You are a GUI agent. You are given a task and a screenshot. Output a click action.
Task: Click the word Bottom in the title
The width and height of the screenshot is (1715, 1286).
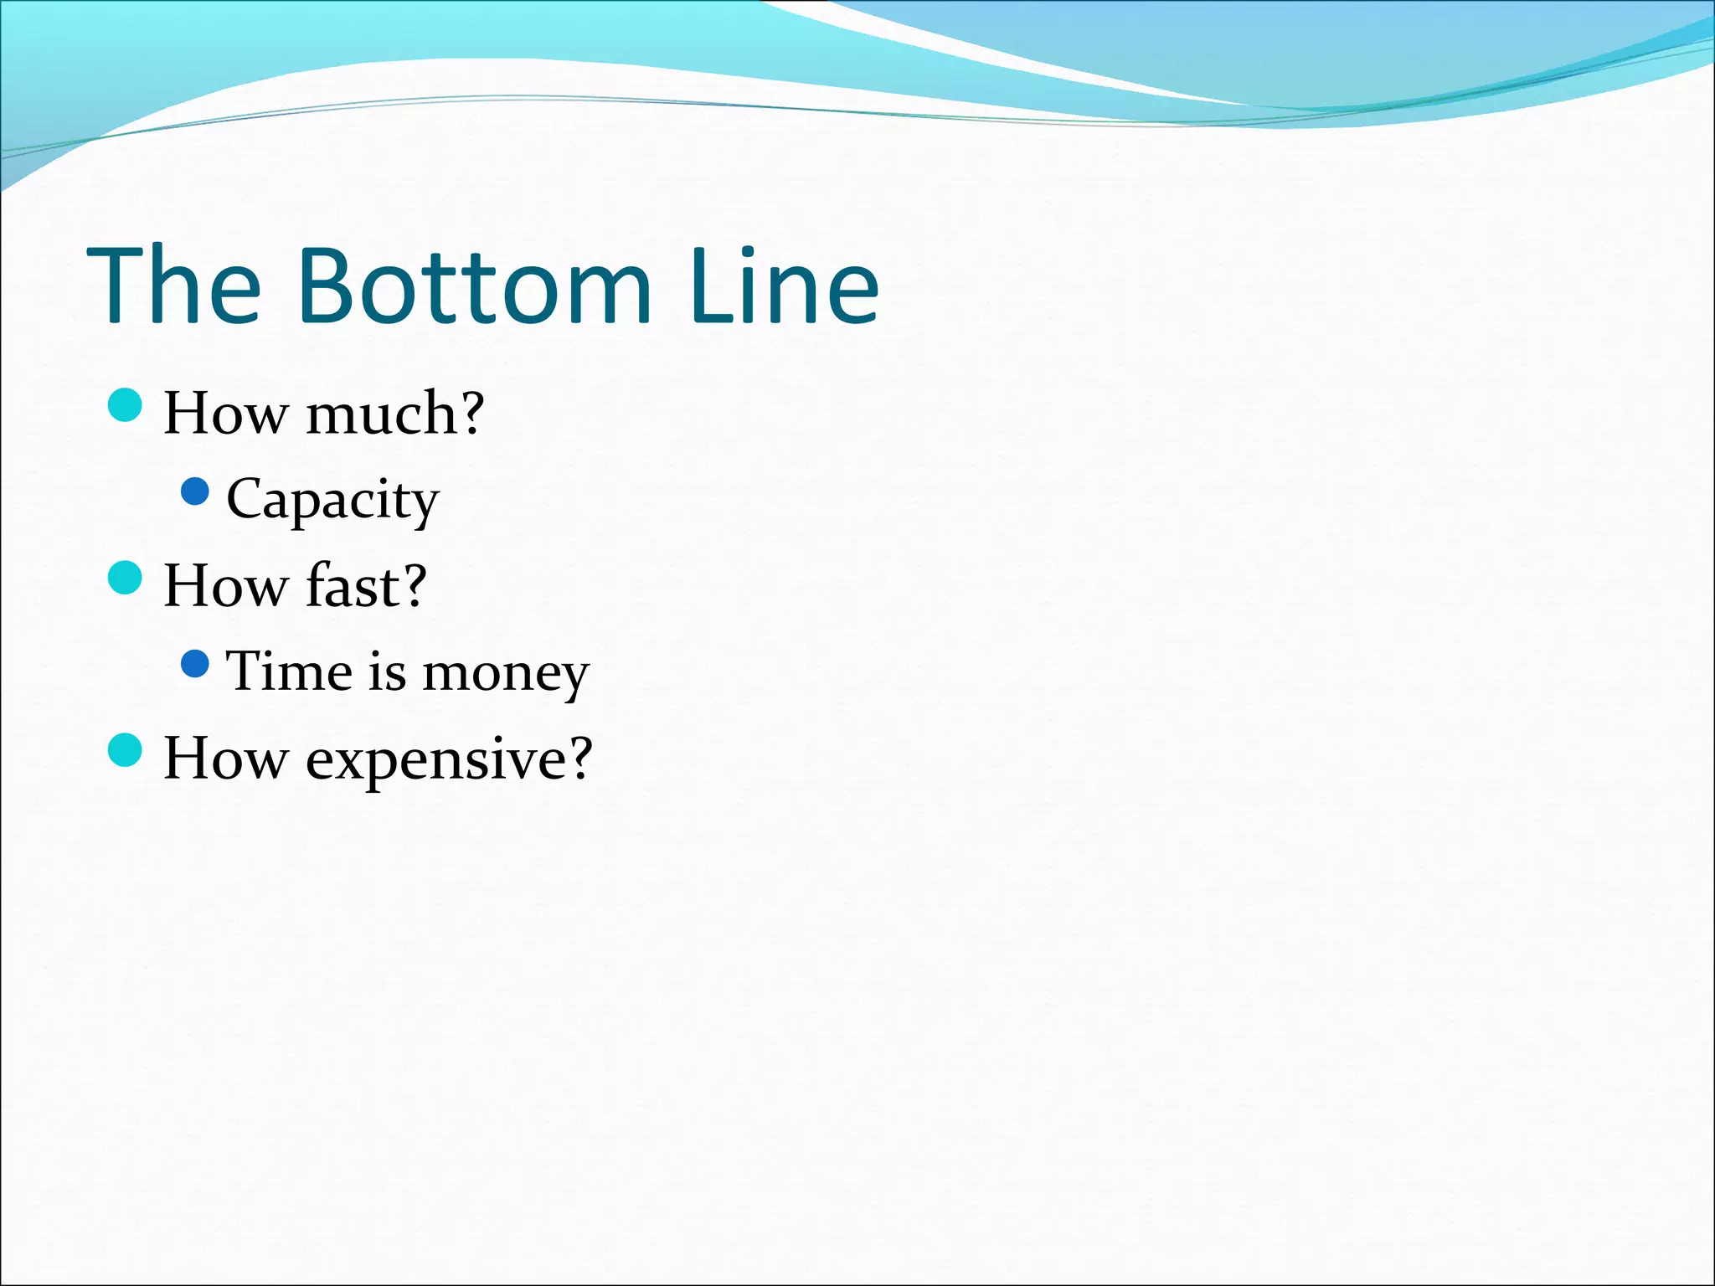(474, 286)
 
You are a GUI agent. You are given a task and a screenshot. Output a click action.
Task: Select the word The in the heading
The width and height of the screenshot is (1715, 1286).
(175, 286)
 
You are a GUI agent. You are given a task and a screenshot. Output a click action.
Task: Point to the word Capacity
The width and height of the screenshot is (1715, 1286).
(332, 501)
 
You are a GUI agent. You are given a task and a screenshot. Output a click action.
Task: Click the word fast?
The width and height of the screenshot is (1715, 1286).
(366, 585)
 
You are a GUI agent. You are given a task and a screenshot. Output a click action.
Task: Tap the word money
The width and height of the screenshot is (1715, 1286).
(506, 674)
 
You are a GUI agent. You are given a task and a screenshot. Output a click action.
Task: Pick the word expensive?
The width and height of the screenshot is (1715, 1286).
(449, 759)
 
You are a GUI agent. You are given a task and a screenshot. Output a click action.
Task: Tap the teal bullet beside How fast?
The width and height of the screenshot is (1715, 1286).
(126, 578)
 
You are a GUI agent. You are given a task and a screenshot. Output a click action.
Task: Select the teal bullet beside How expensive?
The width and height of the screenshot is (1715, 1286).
(126, 750)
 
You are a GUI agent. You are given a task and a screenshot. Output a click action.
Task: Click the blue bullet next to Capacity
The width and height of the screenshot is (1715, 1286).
(194, 492)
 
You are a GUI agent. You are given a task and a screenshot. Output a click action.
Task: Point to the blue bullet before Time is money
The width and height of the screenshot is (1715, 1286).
(194, 665)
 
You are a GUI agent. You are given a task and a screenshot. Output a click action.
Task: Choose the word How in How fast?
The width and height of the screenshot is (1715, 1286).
(224, 585)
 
